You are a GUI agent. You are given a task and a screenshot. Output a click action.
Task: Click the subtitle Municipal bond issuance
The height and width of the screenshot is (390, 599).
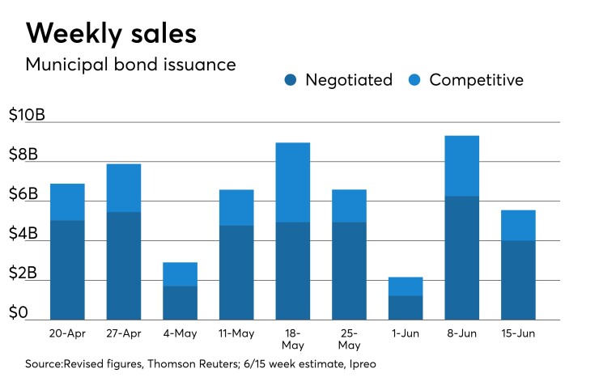point(131,64)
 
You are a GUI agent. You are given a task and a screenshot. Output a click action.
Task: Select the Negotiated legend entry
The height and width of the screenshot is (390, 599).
point(339,80)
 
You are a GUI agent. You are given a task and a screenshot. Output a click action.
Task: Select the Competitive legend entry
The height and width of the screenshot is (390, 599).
point(468,80)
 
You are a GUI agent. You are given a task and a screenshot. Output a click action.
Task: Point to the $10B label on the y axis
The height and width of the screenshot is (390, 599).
point(27,115)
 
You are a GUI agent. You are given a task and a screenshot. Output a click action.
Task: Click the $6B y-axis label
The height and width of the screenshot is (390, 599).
point(23,194)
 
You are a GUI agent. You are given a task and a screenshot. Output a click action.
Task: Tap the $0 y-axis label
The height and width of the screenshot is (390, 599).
point(19,312)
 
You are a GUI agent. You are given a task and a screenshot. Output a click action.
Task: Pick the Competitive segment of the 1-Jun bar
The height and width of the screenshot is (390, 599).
point(406,286)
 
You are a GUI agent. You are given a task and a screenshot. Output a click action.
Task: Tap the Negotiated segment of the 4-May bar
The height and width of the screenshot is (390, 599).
point(180,303)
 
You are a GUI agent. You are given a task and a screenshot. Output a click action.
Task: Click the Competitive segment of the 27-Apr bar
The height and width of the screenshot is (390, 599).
point(123,188)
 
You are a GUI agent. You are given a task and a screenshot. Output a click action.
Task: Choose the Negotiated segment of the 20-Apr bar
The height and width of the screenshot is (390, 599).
point(67,269)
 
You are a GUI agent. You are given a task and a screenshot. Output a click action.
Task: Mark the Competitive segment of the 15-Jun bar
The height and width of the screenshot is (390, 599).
point(518,225)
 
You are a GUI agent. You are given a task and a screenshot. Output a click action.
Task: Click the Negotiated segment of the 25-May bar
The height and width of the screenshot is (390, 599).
point(349,270)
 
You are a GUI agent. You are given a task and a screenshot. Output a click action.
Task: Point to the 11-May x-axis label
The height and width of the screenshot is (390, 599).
point(236,333)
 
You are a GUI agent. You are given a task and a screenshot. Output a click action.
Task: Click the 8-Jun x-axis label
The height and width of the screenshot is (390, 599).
point(462,333)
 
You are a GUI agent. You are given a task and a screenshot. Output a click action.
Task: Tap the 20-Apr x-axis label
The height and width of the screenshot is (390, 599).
point(67,333)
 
